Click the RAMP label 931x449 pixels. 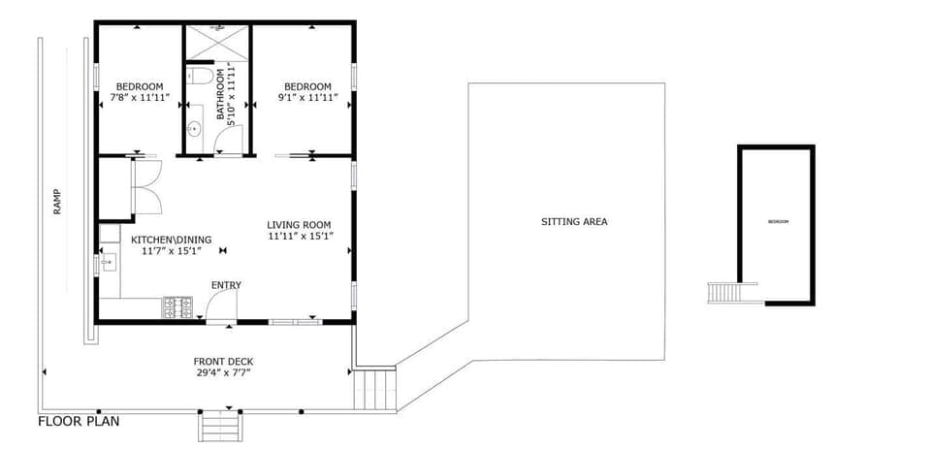click(57, 201)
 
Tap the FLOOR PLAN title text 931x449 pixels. click(79, 422)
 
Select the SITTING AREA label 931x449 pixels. click(574, 222)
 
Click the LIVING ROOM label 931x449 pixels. click(300, 225)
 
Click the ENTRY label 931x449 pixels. click(226, 285)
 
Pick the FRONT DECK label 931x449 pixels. click(223, 362)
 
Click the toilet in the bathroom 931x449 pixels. click(198, 75)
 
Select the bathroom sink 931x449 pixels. click(194, 127)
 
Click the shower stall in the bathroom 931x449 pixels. click(217, 41)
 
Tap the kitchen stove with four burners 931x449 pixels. click(177, 308)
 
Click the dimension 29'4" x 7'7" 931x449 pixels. click(223, 373)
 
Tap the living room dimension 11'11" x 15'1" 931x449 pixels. click(300, 236)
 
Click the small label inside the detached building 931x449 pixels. click(778, 222)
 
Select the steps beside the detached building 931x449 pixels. click(722, 292)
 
